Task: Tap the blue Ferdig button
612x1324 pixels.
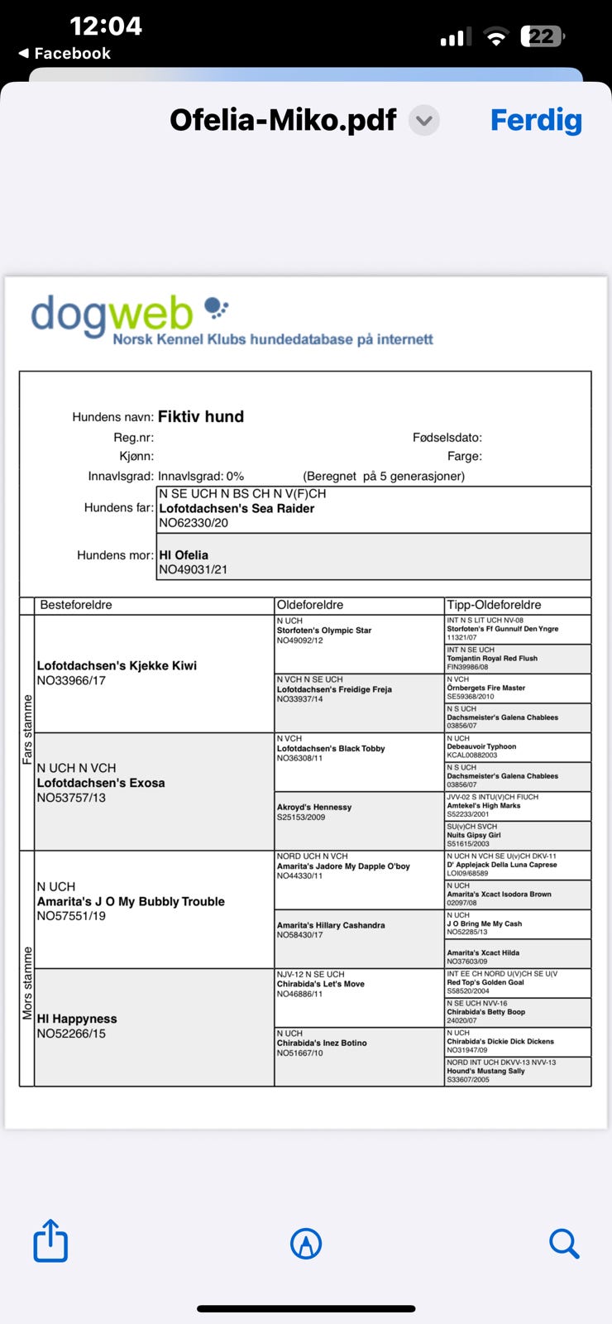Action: tap(536, 121)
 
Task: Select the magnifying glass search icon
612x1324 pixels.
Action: tap(564, 1243)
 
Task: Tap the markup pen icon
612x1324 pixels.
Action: tap(306, 1243)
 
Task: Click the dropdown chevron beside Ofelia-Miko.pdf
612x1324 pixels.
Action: tap(424, 121)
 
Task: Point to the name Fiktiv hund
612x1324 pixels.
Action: tap(201, 417)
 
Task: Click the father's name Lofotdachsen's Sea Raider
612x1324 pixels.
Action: tap(237, 509)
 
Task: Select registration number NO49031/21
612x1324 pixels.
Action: tap(193, 569)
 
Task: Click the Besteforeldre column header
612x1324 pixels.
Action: tap(76, 605)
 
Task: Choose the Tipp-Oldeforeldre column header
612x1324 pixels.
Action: tap(494, 605)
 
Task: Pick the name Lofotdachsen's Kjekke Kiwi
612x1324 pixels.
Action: tap(117, 666)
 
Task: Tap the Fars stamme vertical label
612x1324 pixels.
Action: tap(27, 729)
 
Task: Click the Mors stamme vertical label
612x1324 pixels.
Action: tap(27, 983)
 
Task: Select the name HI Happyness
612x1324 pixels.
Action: tap(77, 1019)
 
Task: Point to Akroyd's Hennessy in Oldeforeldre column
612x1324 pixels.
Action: tap(314, 808)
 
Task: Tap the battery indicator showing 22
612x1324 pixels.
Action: tap(542, 36)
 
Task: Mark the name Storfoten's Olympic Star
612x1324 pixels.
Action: tap(324, 631)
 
